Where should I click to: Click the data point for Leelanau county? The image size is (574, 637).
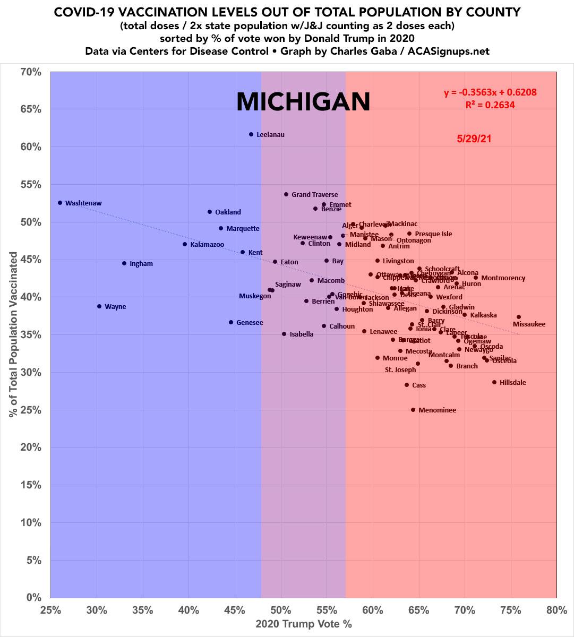[251, 134]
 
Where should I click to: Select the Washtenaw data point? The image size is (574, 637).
[60, 203]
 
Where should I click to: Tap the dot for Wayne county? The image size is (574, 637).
[99, 306]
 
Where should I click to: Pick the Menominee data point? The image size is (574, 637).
[413, 410]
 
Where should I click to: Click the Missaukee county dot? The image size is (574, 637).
[519, 317]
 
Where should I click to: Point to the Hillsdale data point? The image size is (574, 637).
[494, 382]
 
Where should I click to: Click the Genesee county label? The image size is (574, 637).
[250, 323]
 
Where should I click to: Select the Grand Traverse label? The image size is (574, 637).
[315, 195]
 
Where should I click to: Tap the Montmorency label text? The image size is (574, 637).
[503, 278]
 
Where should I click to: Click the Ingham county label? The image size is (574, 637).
[141, 264]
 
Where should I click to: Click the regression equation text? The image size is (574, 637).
[490, 93]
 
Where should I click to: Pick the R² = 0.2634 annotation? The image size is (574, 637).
[490, 105]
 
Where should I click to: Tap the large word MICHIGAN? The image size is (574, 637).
[303, 101]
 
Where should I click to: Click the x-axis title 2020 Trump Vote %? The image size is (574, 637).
[304, 624]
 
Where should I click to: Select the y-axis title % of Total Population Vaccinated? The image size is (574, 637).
[13, 334]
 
